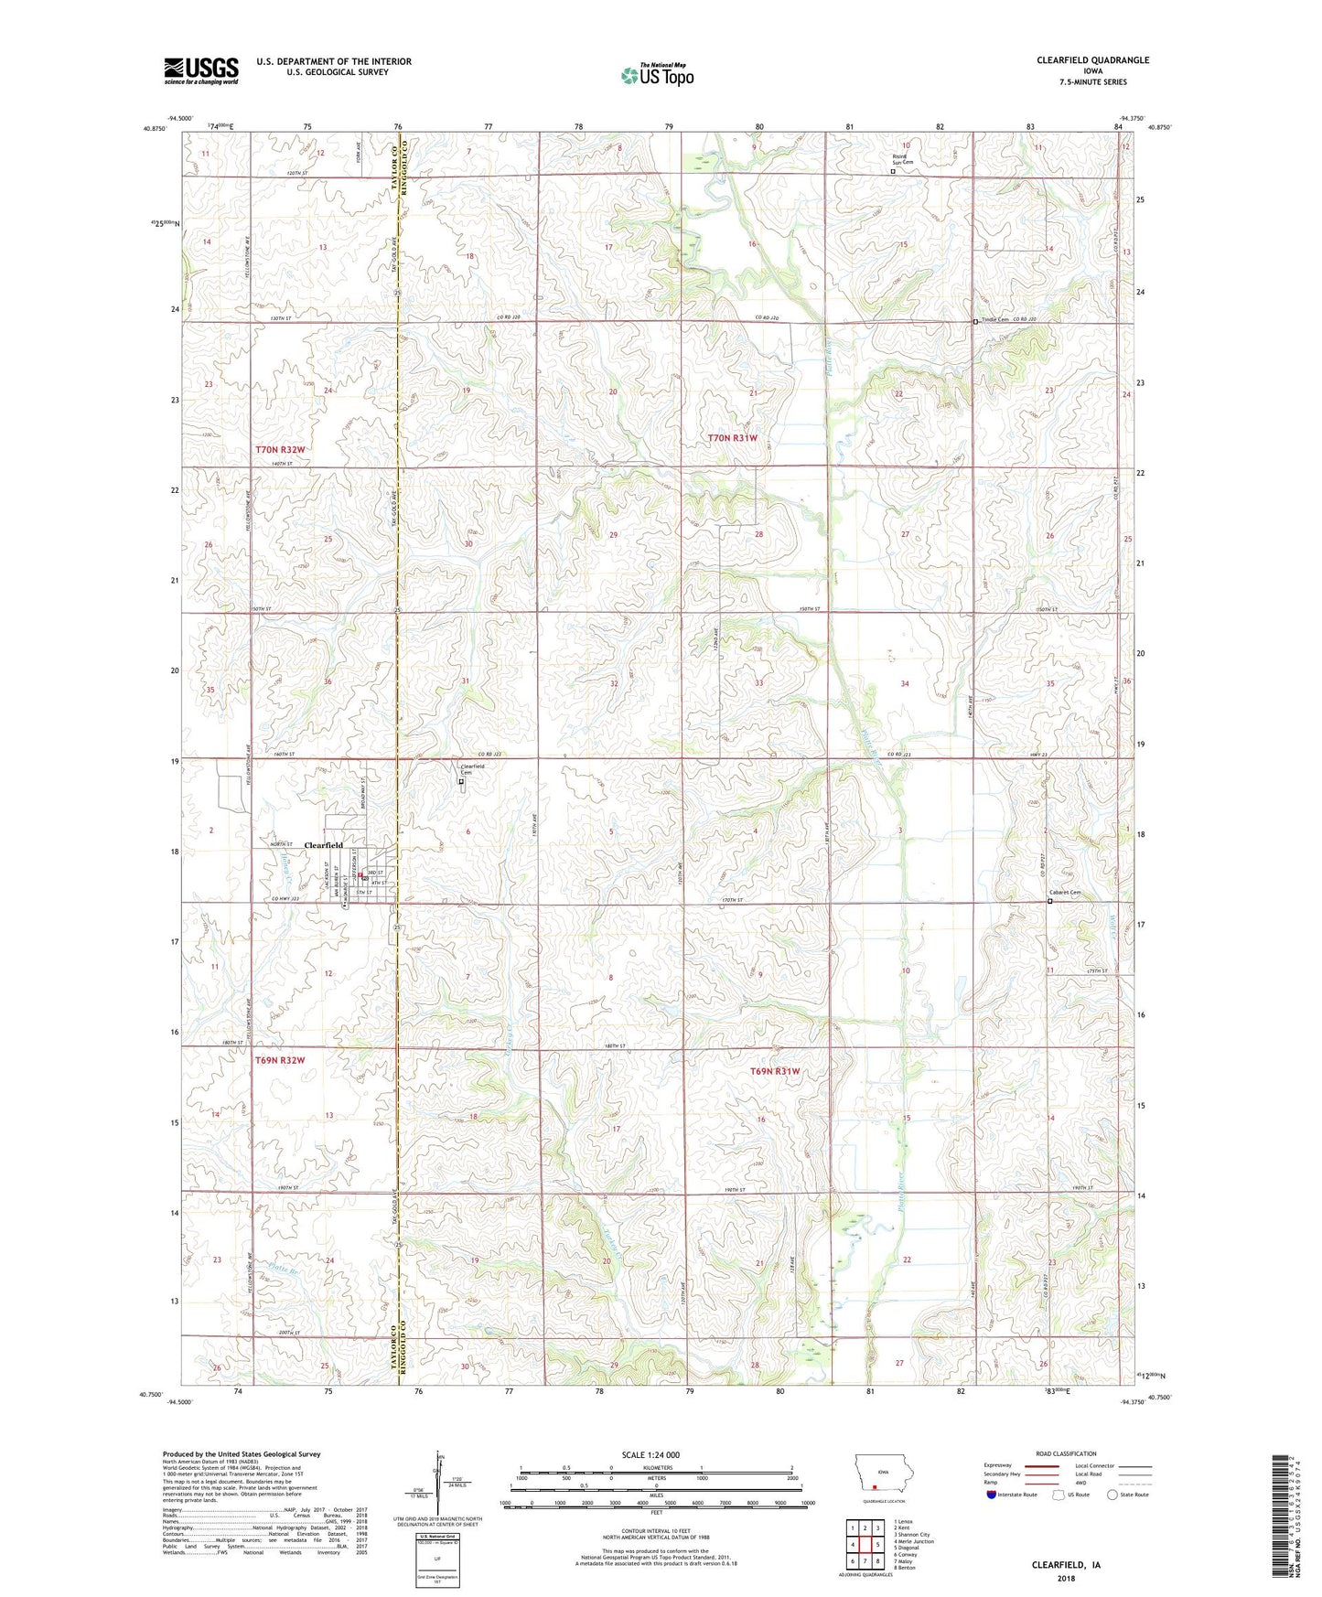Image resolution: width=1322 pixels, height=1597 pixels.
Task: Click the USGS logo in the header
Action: pyautogui.click(x=200, y=70)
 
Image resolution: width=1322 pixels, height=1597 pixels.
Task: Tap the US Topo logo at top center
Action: pyautogui.click(x=657, y=75)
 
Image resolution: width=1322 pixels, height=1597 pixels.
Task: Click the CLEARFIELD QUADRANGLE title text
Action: pyautogui.click(x=1092, y=60)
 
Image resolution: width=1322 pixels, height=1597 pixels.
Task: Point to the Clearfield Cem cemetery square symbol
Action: pyautogui.click(x=461, y=782)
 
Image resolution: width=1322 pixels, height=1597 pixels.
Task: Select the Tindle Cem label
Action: pyautogui.click(x=994, y=319)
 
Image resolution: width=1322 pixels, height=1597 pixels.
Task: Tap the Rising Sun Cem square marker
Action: pyautogui.click(x=893, y=170)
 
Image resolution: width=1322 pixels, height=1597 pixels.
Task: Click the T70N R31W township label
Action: pyautogui.click(x=733, y=438)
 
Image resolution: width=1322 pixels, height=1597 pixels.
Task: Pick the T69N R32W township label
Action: pyautogui.click(x=279, y=1060)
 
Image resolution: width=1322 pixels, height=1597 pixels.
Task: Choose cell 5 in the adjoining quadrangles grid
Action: pyautogui.click(x=876, y=1545)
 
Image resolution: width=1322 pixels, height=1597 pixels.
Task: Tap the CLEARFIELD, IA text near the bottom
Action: pyautogui.click(x=1066, y=1565)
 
